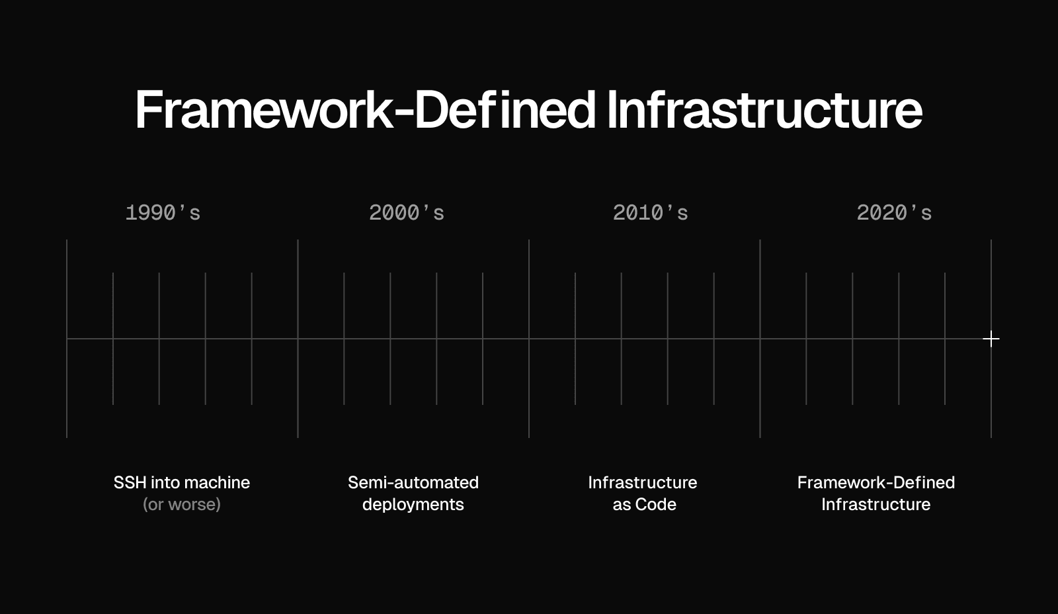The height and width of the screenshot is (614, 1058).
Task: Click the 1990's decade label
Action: (x=163, y=212)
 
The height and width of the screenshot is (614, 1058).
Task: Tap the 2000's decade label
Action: (x=407, y=212)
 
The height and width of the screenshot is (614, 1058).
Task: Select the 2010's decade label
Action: (x=651, y=212)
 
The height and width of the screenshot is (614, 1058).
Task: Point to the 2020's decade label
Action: (x=894, y=212)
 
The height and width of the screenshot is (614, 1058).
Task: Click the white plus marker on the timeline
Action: (x=991, y=339)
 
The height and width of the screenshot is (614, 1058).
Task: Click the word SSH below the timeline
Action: (x=130, y=482)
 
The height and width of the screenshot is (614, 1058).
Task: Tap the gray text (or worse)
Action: (x=182, y=504)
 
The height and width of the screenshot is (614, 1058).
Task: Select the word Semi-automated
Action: (x=413, y=482)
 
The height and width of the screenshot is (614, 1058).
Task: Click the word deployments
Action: (x=413, y=505)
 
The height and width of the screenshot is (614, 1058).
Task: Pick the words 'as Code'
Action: (x=644, y=504)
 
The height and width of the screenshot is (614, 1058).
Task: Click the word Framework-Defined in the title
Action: (x=365, y=110)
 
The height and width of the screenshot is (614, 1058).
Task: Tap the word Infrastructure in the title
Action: (x=764, y=110)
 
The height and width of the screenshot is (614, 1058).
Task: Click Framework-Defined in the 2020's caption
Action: (x=876, y=482)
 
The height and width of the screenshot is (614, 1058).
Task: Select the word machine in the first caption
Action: (x=220, y=482)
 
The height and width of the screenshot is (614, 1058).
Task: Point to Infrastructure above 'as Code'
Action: (x=642, y=482)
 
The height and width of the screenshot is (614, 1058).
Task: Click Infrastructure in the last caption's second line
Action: (x=876, y=504)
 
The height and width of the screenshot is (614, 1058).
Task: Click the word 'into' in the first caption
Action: (x=168, y=482)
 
